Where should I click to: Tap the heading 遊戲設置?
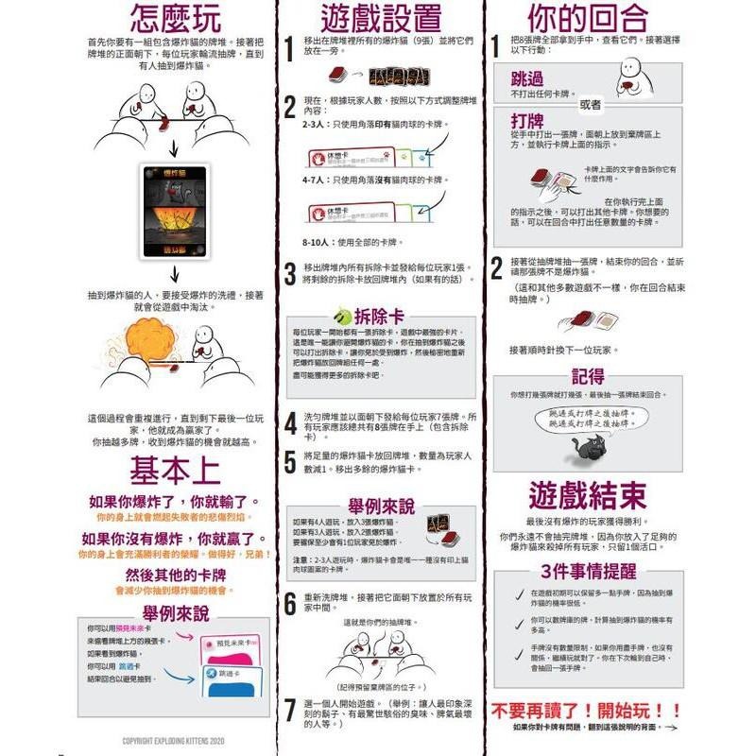coord(380,18)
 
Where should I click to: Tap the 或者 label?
coord(590,103)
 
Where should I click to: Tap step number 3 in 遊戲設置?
coord(291,275)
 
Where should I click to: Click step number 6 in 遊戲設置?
coord(291,604)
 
